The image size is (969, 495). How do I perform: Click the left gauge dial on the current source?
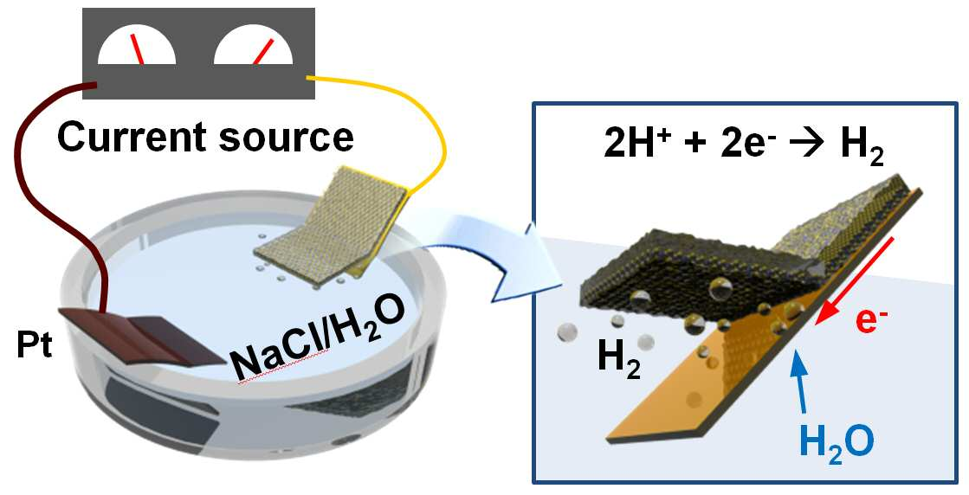click(x=137, y=46)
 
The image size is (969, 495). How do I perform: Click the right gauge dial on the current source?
click(x=253, y=46)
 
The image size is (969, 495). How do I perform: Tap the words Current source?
click(x=206, y=137)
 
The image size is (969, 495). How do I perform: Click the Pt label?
click(x=35, y=346)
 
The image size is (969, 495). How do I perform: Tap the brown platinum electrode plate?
click(x=142, y=337)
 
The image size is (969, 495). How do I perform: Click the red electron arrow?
click(x=855, y=280)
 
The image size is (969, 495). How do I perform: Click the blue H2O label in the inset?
click(x=837, y=440)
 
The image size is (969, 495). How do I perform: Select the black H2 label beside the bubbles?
click(x=617, y=361)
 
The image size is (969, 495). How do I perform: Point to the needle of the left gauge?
click(x=137, y=49)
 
